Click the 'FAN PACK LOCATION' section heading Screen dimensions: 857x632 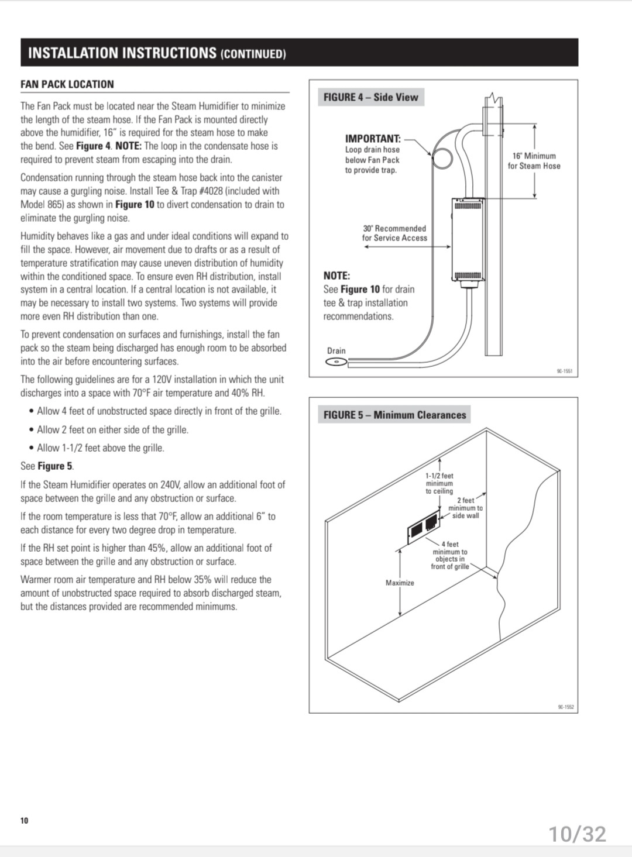pyautogui.click(x=67, y=84)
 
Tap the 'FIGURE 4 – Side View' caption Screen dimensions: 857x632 pyautogui.click(x=371, y=97)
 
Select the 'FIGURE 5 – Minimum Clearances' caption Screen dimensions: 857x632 pyautogui.click(x=394, y=415)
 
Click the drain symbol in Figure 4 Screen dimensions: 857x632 pyautogui.click(x=336, y=362)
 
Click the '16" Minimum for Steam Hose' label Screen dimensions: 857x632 pyautogui.click(x=534, y=161)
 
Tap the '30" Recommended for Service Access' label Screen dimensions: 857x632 pyautogui.click(x=394, y=233)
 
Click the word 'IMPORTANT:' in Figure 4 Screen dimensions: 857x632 pyautogui.click(x=373, y=139)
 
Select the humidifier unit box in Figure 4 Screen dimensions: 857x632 pyautogui.click(x=468, y=240)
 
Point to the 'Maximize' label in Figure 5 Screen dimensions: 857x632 pyautogui.click(x=400, y=583)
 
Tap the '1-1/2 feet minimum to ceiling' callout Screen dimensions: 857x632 pyautogui.click(x=439, y=483)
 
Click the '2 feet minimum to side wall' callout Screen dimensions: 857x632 pyautogui.click(x=465, y=508)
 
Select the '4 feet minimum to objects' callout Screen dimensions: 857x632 pyautogui.click(x=449, y=555)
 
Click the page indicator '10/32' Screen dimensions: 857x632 pyautogui.click(x=578, y=834)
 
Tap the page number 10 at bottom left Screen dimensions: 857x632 pyautogui.click(x=24, y=820)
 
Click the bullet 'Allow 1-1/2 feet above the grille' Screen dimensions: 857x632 pyautogui.click(x=100, y=448)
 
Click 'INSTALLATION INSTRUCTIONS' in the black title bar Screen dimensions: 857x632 pyautogui.click(x=122, y=53)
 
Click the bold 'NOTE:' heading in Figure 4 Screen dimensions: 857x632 pyautogui.click(x=336, y=276)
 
